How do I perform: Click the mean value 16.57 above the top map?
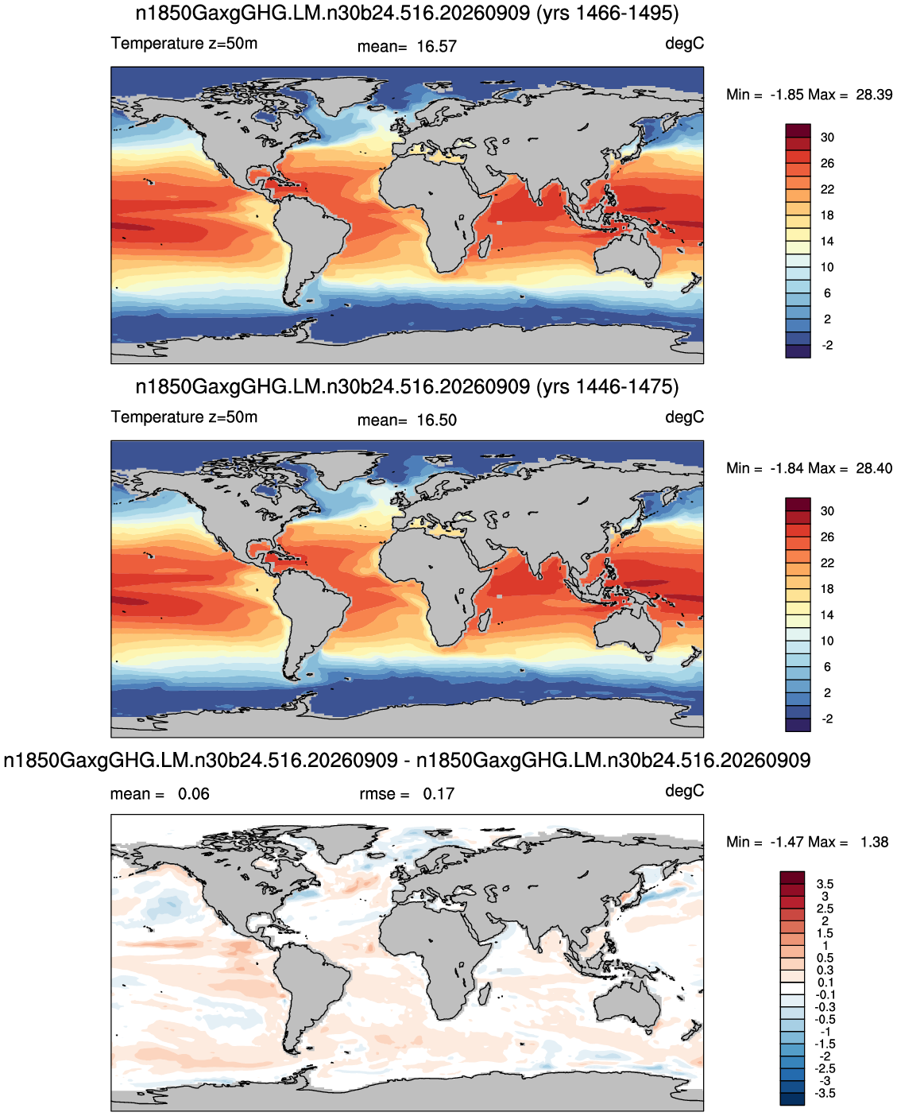(x=436, y=47)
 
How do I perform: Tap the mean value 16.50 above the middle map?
(x=436, y=420)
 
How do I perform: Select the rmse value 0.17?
(x=438, y=793)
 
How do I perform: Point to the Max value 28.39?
(x=874, y=95)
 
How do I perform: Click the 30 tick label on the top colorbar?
(x=827, y=138)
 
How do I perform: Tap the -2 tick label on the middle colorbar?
(x=827, y=719)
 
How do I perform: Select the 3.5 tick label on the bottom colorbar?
(x=825, y=884)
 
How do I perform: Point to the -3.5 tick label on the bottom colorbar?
(x=825, y=1093)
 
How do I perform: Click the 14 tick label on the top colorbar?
(x=827, y=241)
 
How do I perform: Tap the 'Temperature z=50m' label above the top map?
(x=184, y=43)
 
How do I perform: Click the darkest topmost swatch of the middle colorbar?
(x=798, y=504)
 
